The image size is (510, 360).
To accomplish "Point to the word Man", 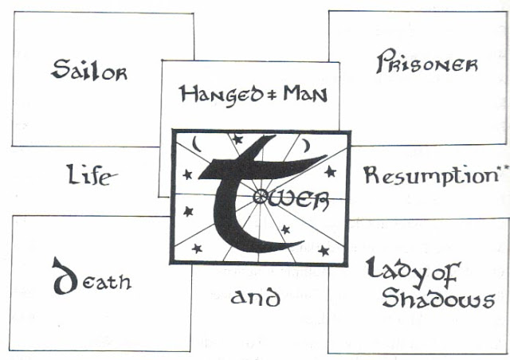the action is [300, 95].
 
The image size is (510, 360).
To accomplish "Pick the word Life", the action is [88, 175].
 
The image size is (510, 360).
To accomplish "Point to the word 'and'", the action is [255, 299].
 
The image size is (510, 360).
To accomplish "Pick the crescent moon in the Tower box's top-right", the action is [308, 144].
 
